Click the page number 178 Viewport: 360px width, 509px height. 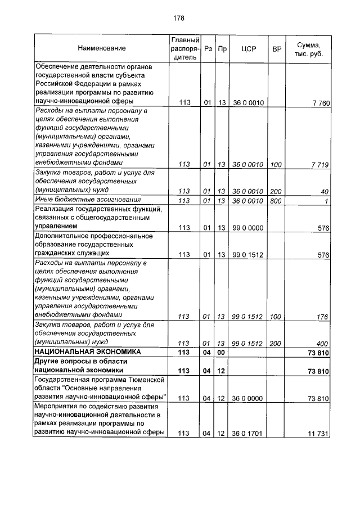[179, 18]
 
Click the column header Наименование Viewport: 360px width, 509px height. [102, 49]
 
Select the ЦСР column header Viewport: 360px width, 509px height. [248, 49]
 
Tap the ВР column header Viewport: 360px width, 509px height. [276, 49]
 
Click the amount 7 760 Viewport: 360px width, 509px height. [320, 102]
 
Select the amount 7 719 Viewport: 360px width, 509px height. [320, 164]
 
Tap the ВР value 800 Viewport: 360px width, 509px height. [276, 200]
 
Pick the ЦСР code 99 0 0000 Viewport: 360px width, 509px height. [247, 228]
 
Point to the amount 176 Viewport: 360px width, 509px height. [322, 317]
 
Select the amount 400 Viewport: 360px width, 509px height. [322, 343]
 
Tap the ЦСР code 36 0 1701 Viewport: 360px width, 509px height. [247, 434]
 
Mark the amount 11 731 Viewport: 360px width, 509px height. [318, 434]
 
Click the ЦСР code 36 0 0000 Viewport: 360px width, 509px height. [247, 398]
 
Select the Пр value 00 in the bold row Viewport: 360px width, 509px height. [222, 352]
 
